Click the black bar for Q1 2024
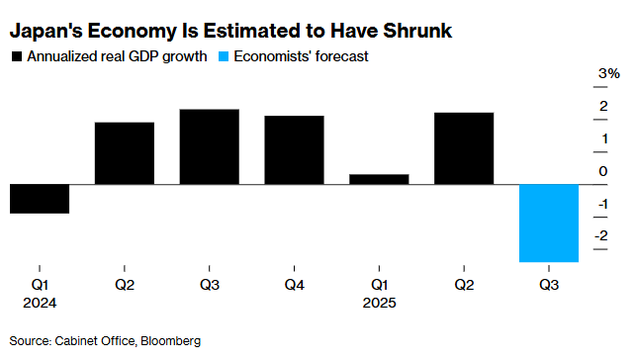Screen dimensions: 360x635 [x=40, y=199]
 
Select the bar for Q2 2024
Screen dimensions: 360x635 [x=125, y=153]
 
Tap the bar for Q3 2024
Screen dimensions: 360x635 [x=209, y=146]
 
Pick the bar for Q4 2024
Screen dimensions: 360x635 [x=294, y=150]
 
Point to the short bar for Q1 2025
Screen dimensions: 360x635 [x=379, y=179]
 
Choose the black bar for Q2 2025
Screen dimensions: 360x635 [x=464, y=148]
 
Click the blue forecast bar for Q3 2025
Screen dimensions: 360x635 [x=549, y=224]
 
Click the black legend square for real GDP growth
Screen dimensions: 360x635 [x=16, y=57]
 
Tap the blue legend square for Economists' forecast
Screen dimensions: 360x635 [x=225, y=57]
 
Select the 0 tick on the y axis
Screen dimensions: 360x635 [x=603, y=172]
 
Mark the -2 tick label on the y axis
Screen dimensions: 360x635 [x=601, y=236]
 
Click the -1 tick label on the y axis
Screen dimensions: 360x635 [x=601, y=204]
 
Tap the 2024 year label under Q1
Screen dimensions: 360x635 [x=40, y=303]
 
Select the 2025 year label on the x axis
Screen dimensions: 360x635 [x=379, y=303]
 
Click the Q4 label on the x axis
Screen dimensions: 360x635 [x=294, y=285]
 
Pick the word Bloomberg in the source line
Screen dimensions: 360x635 [x=170, y=340]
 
